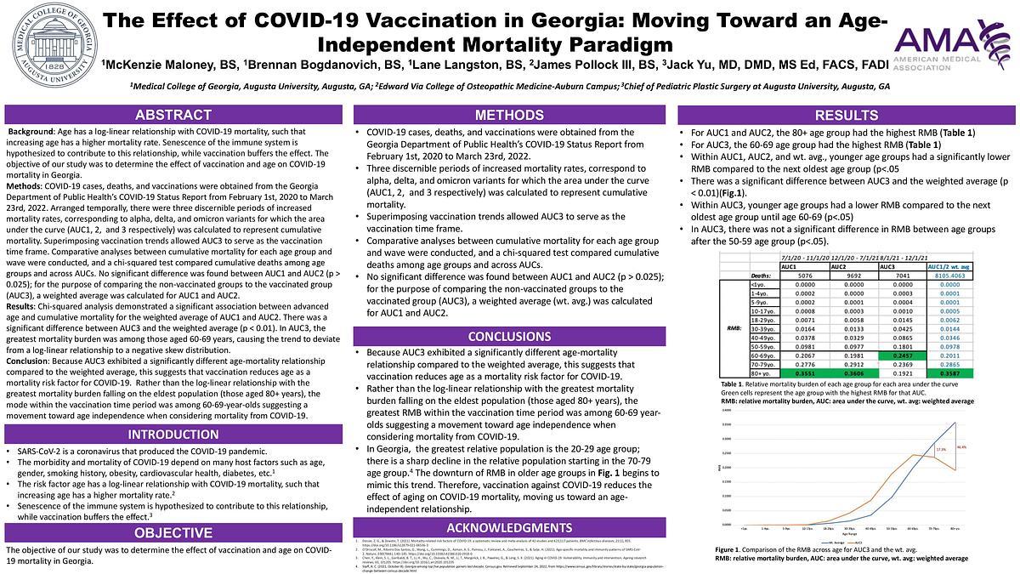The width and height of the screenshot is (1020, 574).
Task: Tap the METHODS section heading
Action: point(510,115)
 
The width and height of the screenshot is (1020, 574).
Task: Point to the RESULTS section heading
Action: point(847,115)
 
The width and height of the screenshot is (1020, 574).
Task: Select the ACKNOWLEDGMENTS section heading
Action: point(510,527)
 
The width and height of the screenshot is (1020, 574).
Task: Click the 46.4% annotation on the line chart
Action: point(961,446)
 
